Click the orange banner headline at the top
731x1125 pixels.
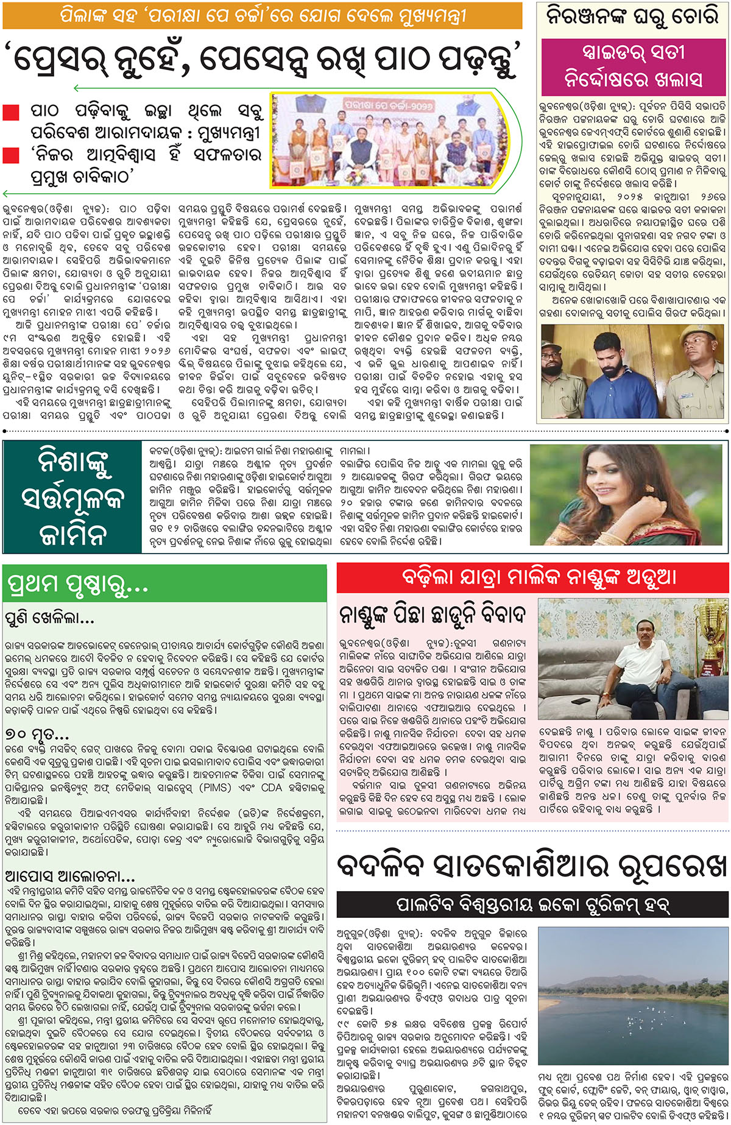pyautogui.click(x=262, y=15)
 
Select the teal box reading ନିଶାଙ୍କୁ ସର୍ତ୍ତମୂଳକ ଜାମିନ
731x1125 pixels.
pyautogui.click(x=72, y=496)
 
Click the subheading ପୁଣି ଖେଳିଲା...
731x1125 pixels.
pyautogui.click(x=49, y=619)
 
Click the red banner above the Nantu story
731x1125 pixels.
pyautogui.click(x=532, y=577)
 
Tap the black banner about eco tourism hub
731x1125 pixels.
pyautogui.click(x=532, y=905)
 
